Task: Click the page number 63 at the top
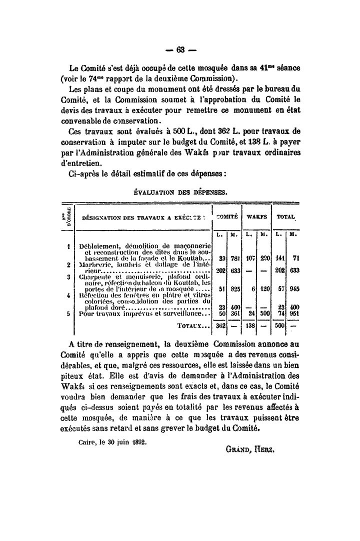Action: point(180,50)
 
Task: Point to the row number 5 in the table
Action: point(68,313)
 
